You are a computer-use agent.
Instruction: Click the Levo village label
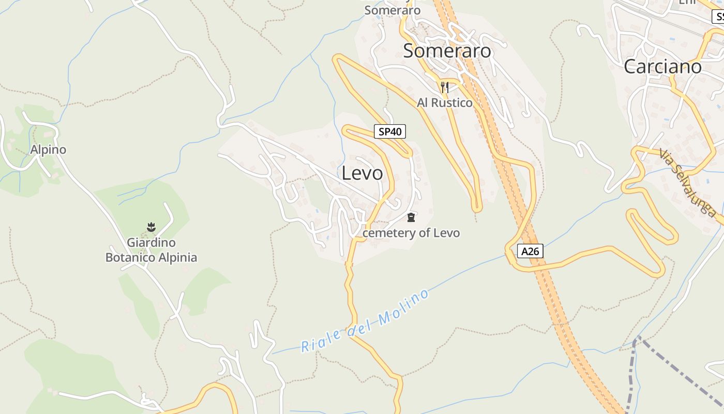tap(362, 173)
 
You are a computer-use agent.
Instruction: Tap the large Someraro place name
tap(447, 51)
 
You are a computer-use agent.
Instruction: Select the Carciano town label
tap(662, 66)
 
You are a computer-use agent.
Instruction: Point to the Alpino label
tap(48, 150)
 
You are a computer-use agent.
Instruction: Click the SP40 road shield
tap(390, 132)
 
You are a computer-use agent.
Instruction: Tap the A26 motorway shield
tap(530, 252)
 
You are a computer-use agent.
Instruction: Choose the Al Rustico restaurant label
tap(445, 102)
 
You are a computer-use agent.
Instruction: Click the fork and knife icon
tap(444, 87)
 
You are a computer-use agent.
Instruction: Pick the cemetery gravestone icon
tap(411, 217)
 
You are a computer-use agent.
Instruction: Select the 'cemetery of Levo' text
tap(411, 233)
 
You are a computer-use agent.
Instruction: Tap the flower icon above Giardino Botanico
tap(151, 227)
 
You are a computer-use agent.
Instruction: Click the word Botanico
tap(130, 257)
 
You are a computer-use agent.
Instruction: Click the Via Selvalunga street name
tap(688, 182)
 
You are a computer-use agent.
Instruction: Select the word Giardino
tap(151, 243)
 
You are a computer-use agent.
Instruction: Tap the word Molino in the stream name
tap(404, 307)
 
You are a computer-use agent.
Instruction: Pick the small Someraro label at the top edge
tap(392, 10)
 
